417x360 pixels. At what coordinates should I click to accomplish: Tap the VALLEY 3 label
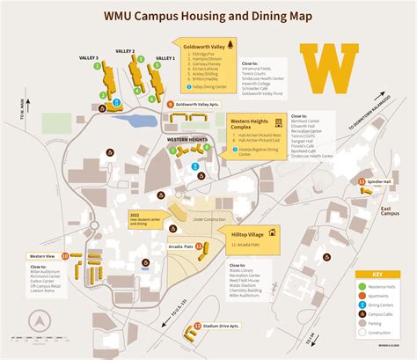[89, 58]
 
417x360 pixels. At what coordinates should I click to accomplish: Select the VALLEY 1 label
[165, 58]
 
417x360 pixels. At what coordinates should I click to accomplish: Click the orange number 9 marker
[170, 103]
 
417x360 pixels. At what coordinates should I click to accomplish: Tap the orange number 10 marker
[65, 256]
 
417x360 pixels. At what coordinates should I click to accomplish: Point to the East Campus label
[390, 212]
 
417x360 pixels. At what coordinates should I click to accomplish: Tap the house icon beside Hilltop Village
[273, 232]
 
